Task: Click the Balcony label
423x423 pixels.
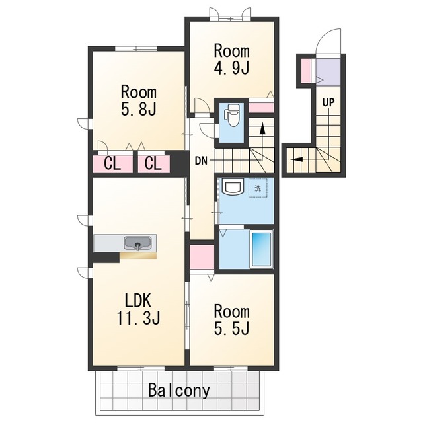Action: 179,390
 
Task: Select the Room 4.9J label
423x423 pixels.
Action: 231,59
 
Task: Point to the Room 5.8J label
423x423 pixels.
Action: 139,100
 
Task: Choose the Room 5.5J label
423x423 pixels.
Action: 231,320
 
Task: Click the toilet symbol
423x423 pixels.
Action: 232,116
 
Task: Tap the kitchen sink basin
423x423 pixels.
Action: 137,243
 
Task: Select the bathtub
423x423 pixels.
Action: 261,249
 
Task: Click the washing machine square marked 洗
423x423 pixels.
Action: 258,188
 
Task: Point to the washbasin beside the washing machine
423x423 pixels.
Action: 232,187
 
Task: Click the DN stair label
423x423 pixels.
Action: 201,161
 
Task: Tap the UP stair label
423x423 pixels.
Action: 328,102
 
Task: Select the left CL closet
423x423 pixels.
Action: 113,164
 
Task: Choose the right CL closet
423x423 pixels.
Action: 154,164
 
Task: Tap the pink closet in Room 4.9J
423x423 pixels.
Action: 261,107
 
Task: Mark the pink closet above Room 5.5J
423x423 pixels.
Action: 202,257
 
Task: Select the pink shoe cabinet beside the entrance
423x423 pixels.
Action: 306,71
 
